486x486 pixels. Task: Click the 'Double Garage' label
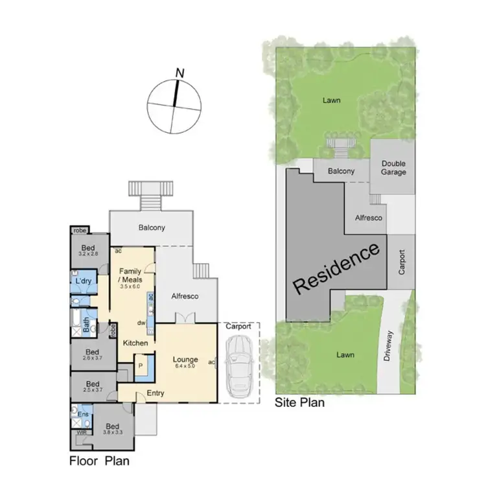(x=393, y=168)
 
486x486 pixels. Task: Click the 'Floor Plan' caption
(x=99, y=461)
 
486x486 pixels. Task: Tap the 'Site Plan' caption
(x=300, y=402)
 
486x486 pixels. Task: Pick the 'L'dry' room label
(x=82, y=281)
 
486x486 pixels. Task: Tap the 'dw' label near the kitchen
(x=139, y=322)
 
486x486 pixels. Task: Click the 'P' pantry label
(x=139, y=365)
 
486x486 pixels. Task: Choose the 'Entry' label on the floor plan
(x=155, y=393)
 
